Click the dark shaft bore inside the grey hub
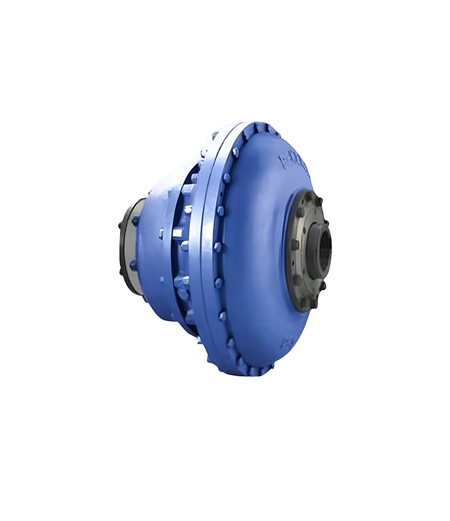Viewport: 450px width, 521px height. coord(322,248)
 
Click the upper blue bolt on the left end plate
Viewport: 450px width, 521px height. coord(136,221)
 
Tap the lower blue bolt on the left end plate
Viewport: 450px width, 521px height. coord(132,265)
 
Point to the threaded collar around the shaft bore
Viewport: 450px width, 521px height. coord(315,248)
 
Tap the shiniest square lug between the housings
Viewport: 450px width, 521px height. coord(188,209)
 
